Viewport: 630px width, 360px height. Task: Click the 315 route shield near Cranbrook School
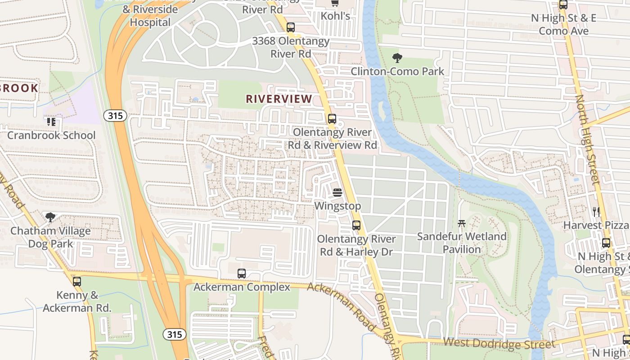[115, 116]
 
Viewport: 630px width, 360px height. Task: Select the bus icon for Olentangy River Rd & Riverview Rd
[332, 119]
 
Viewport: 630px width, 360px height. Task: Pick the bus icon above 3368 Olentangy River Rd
[291, 27]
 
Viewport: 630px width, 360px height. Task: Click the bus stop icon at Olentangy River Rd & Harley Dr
[356, 225]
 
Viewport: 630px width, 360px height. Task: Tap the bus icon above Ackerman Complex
[242, 273]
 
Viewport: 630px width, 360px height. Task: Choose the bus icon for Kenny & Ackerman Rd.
[77, 282]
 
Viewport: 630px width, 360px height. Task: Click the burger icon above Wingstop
[337, 193]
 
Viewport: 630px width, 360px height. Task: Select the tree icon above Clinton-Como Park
[397, 58]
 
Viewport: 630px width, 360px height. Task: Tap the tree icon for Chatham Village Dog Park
[50, 217]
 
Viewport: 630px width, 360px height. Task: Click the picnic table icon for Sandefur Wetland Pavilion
[461, 223]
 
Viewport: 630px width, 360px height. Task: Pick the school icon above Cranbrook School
[51, 121]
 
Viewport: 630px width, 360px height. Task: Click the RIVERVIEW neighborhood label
[279, 99]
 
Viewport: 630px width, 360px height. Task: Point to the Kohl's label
[335, 16]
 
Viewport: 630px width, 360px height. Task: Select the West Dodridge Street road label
[499, 343]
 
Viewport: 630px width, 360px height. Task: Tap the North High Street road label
[588, 139]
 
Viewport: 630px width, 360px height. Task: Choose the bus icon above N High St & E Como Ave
[563, 5]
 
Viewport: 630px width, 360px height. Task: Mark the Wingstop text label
[337, 206]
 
